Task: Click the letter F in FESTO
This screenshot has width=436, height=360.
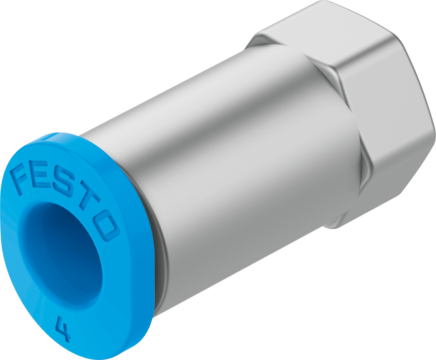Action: [23, 177]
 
